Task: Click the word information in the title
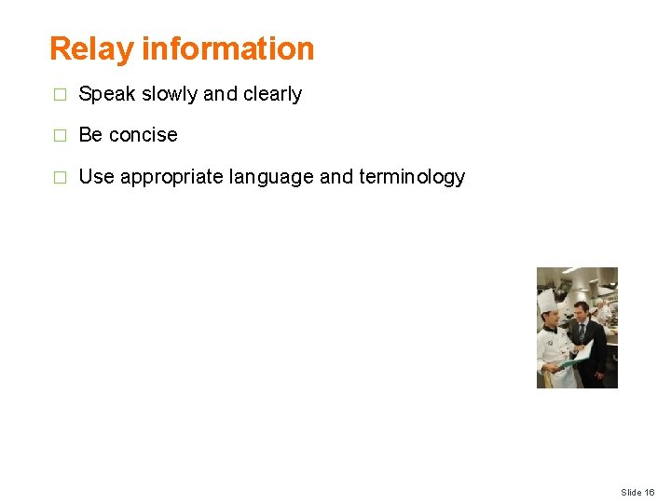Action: [x=227, y=48]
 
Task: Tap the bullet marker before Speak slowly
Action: [x=60, y=95]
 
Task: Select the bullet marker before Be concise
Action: [x=60, y=136]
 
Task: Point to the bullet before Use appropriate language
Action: [x=60, y=178]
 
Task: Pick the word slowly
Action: [x=170, y=94]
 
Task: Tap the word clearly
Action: [x=272, y=94]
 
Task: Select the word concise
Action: [x=143, y=135]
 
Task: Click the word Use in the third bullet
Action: [x=97, y=177]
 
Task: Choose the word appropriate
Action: [x=171, y=177]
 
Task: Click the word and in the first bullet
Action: [x=220, y=94]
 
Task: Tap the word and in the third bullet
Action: [x=336, y=177]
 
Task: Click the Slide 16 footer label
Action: [x=637, y=492]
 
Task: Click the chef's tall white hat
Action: [x=547, y=300]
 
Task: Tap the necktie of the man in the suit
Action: [x=582, y=332]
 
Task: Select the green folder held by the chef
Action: [x=582, y=351]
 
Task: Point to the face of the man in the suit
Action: [x=581, y=312]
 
